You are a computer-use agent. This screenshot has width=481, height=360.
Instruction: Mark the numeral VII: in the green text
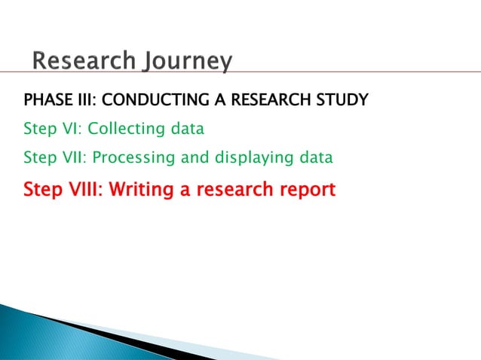pyautogui.click(x=75, y=158)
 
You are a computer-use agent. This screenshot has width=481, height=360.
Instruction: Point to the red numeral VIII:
pyautogui.click(x=83, y=188)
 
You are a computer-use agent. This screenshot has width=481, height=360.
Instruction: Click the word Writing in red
pyautogui.click(x=139, y=189)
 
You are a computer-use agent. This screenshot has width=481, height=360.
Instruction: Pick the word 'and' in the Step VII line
pyautogui.click(x=193, y=158)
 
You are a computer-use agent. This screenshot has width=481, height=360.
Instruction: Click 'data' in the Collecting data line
pyautogui.click(x=186, y=129)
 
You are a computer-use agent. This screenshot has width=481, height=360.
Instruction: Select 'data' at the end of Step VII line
pyautogui.click(x=314, y=158)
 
